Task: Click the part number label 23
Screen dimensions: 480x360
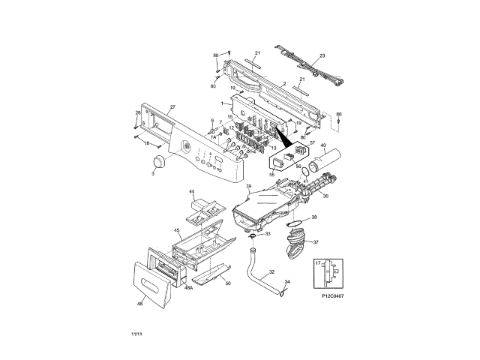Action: point(322,56)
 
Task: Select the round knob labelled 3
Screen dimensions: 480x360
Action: point(158,164)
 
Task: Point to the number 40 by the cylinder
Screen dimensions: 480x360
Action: point(323,145)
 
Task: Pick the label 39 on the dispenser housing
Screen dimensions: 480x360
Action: point(248,186)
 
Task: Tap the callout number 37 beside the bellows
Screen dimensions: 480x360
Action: point(315,242)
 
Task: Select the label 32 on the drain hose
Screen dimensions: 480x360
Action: point(271,271)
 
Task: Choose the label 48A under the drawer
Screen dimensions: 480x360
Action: point(190,287)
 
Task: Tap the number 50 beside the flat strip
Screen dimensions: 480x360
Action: point(228,283)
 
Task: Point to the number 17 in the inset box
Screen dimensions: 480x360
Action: point(317,262)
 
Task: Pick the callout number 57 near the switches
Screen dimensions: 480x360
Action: point(313,142)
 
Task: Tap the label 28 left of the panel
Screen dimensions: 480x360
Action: point(137,112)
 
